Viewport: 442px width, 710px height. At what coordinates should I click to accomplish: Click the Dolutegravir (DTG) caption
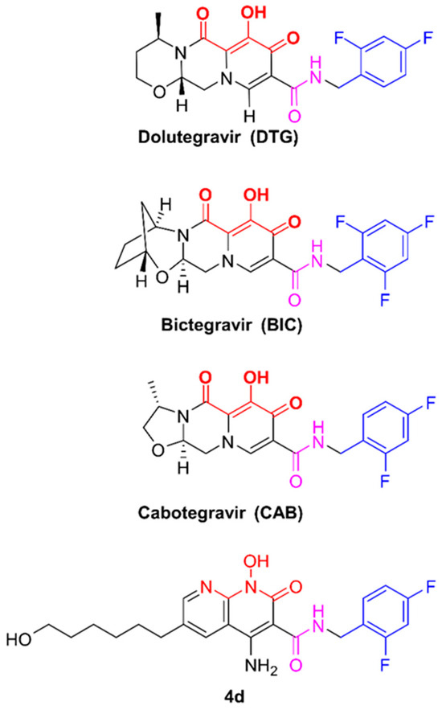pyautogui.click(x=219, y=137)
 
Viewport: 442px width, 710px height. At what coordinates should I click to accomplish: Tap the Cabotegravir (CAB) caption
pyautogui.click(x=220, y=512)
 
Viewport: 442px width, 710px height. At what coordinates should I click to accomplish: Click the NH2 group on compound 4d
pyautogui.click(x=261, y=667)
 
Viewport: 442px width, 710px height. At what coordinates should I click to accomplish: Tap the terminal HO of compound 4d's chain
pyautogui.click(x=19, y=640)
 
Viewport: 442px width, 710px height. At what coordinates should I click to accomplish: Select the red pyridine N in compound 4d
pyautogui.click(x=207, y=587)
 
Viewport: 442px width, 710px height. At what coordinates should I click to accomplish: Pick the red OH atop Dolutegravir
pyautogui.click(x=254, y=12)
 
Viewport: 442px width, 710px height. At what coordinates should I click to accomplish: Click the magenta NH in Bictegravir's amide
pyautogui.click(x=317, y=256)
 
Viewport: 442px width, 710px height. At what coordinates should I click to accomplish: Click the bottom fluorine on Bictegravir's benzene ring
pyautogui.click(x=386, y=288)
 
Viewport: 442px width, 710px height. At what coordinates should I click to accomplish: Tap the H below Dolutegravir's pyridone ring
pyautogui.click(x=249, y=117)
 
